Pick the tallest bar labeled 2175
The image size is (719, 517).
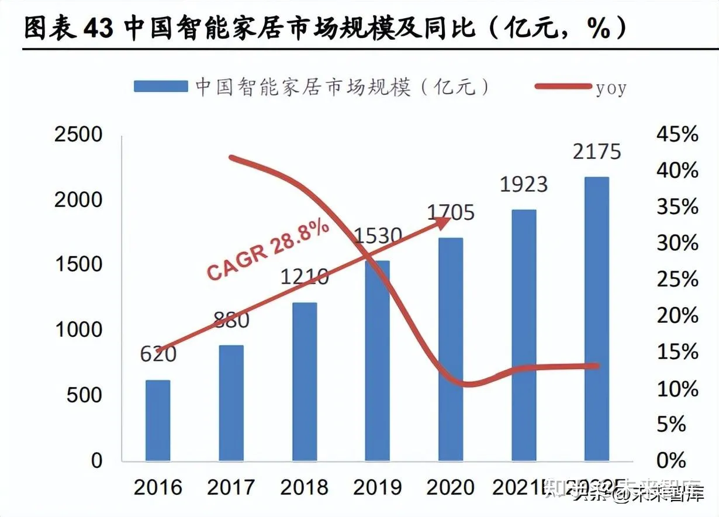pos(596,318)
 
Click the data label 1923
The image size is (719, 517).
pos(523,184)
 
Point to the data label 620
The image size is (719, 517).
pos(158,354)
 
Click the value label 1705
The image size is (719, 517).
pos(450,212)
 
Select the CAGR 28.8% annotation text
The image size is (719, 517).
pos(268,251)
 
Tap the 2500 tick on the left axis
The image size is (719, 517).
pos(78,135)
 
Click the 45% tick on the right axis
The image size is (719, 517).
pos(677,135)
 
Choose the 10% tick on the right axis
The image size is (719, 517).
pos(677,388)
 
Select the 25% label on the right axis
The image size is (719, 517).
pos(677,280)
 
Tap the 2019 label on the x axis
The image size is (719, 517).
pos(377,487)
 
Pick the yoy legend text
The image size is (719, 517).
pos(611,88)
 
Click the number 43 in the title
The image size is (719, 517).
pos(98,28)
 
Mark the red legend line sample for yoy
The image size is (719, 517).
pos(562,87)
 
